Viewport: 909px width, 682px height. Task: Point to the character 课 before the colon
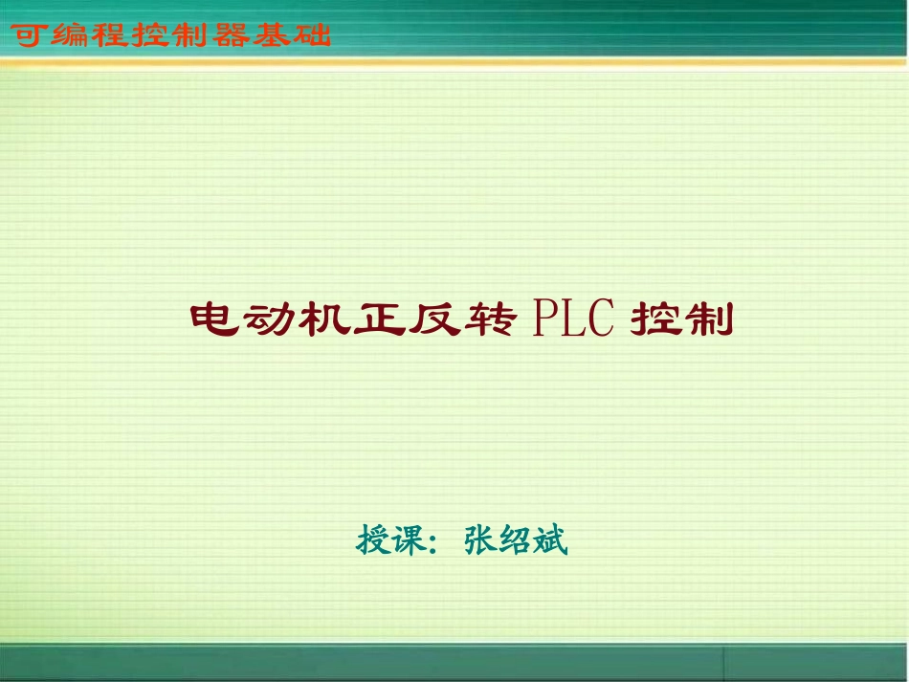(x=410, y=540)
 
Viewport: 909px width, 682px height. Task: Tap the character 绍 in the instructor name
(x=516, y=540)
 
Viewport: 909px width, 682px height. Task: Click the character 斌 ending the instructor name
(x=551, y=540)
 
